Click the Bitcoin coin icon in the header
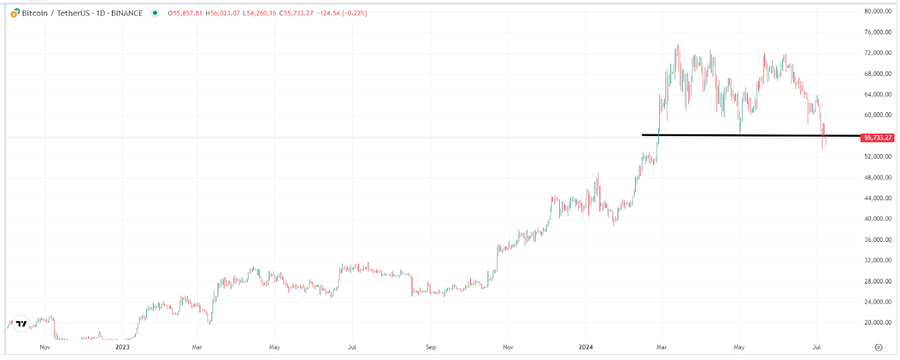point(15,13)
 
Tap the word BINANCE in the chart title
point(127,13)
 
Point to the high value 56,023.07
point(223,13)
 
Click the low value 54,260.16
point(259,13)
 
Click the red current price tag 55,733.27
point(877,138)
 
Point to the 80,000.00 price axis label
point(877,11)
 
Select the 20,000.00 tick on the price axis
point(877,323)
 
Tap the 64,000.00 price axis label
point(877,94)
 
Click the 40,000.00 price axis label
point(877,219)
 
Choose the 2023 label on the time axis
point(122,347)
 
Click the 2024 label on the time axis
point(586,347)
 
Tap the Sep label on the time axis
point(430,347)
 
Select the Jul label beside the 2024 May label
point(816,347)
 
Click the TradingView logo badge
point(21,323)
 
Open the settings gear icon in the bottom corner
point(879,347)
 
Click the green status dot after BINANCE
point(155,13)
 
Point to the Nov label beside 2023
point(45,347)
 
